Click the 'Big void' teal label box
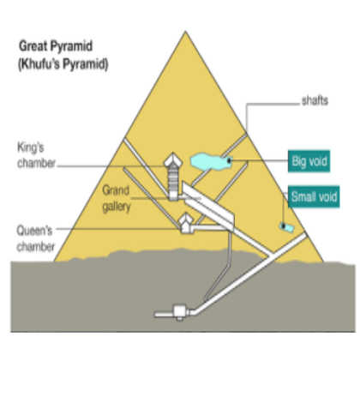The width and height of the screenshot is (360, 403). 309,161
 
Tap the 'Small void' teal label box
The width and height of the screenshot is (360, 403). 314,196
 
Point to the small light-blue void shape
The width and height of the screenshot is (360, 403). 286,227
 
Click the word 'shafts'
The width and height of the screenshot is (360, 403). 315,100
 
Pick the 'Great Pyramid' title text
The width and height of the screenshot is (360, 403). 56,46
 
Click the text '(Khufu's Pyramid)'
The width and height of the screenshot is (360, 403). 63,64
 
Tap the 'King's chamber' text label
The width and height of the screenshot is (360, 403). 36,155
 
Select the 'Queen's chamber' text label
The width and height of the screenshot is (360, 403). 36,238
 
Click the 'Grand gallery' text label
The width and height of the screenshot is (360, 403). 117,198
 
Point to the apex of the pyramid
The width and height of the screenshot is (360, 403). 185,31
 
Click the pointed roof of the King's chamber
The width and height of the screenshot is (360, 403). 173,160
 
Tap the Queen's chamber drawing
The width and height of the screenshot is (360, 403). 186,223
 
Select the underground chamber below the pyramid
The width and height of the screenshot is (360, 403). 179,312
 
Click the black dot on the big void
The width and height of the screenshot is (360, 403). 229,161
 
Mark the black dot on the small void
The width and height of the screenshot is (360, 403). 283,226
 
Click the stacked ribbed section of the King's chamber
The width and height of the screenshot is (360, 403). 173,179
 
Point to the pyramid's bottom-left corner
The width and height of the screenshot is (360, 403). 55,261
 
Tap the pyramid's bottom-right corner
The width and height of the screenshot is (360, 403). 323,261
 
